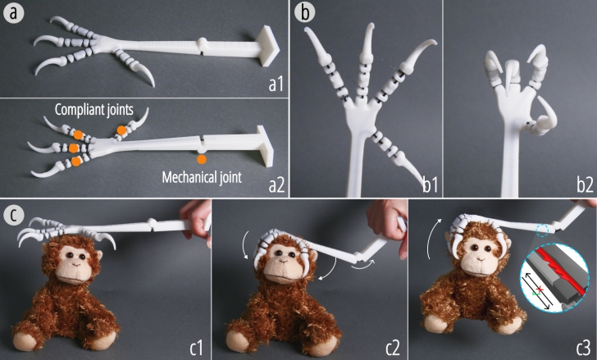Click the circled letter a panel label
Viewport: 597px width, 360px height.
pyautogui.click(x=13, y=13)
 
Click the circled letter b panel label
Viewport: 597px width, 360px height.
pyautogui.click(x=304, y=12)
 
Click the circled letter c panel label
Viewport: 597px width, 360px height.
pyautogui.click(x=13, y=216)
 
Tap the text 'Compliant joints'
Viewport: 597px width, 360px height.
pyautogui.click(x=94, y=110)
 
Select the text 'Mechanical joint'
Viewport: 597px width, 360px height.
pyautogui.click(x=202, y=177)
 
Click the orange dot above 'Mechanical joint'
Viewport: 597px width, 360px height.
pyautogui.click(x=202, y=159)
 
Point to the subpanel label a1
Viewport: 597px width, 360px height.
pyautogui.click(x=276, y=84)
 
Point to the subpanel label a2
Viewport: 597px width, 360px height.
pyautogui.click(x=276, y=185)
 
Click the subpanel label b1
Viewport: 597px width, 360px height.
pyautogui.click(x=431, y=185)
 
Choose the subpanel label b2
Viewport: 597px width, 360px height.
pyautogui.click(x=585, y=185)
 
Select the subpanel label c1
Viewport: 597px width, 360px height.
pyautogui.click(x=197, y=348)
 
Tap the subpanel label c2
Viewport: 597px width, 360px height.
pyautogui.click(x=393, y=348)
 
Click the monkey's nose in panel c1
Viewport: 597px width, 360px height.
pyautogui.click(x=75, y=264)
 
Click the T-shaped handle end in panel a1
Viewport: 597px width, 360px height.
pyautogui.click(x=267, y=46)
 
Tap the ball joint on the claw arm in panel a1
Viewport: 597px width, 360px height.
pyautogui.click(x=203, y=43)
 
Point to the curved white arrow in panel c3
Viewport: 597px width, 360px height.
pyautogui.click(x=433, y=238)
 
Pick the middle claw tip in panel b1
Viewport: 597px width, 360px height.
pyautogui.click(x=371, y=26)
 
